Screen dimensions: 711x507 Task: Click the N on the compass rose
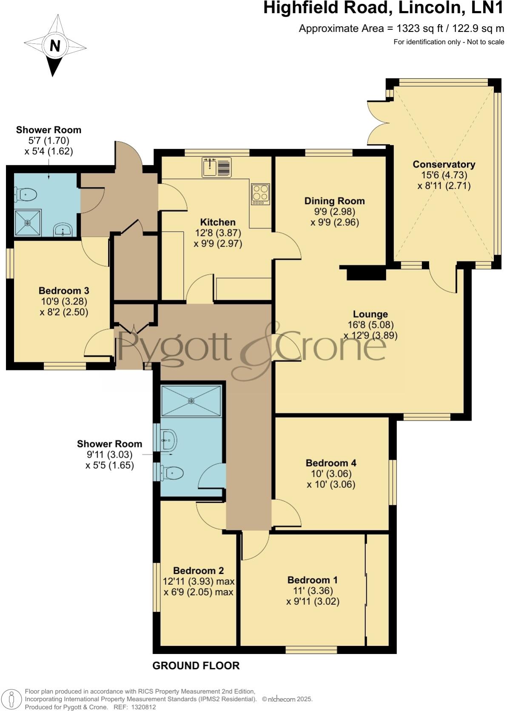[54, 46]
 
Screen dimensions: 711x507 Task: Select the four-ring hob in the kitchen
[260, 193]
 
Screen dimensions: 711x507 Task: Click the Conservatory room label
[444, 165]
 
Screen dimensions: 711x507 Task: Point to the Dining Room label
[334, 201]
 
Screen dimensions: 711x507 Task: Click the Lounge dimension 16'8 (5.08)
[370, 325]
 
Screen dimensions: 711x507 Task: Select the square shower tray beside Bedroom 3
[28, 222]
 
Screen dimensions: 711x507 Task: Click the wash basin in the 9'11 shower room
[169, 440]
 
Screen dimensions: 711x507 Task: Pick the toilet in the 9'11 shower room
[172, 472]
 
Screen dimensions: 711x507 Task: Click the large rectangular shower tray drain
[191, 400]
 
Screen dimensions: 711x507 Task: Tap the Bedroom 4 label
[331, 463]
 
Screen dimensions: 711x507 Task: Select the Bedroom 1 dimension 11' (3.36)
[313, 591]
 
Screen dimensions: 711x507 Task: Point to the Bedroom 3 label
[64, 291]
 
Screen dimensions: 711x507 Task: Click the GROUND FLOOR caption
[196, 665]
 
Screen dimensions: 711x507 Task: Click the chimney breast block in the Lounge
[366, 273]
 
